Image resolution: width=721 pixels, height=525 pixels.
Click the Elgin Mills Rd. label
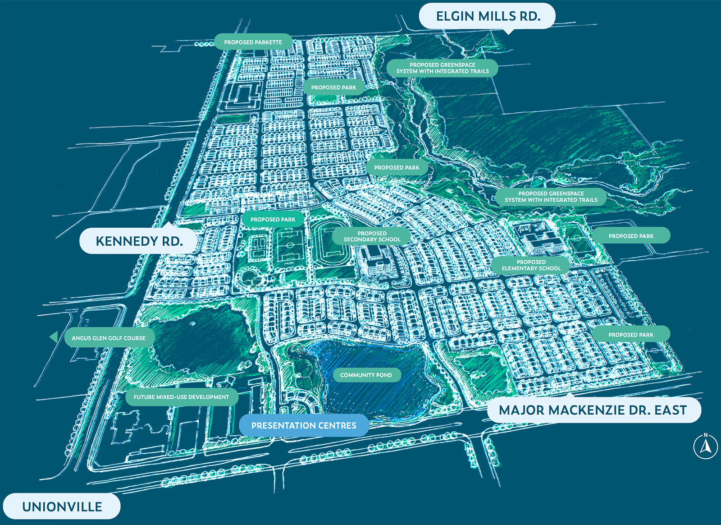pyautogui.click(x=488, y=16)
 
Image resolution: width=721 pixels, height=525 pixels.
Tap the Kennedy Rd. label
pyautogui.click(x=139, y=241)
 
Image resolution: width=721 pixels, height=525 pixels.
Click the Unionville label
pyautogui.click(x=62, y=507)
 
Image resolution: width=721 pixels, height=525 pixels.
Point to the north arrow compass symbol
pyautogui.click(x=705, y=446)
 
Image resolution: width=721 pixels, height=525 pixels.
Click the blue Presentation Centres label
pyautogui.click(x=304, y=425)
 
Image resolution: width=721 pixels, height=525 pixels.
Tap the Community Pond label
pyautogui.click(x=366, y=375)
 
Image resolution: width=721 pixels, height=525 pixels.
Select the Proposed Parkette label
pyautogui.click(x=253, y=42)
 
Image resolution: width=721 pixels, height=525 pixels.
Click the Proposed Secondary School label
pyautogui.click(x=372, y=236)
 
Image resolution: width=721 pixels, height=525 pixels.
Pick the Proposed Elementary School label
pyautogui.click(x=531, y=265)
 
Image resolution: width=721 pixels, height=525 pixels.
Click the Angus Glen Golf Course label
pyautogui.click(x=109, y=338)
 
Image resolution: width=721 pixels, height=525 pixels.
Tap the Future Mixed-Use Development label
pyautogui.click(x=181, y=397)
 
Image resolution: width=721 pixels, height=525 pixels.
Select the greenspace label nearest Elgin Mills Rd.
pyautogui.click(x=442, y=68)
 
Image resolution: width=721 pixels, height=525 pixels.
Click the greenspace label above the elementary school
pyautogui.click(x=551, y=197)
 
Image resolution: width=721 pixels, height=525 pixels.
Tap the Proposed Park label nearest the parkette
pyautogui.click(x=333, y=87)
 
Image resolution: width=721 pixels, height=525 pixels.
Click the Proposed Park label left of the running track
pyautogui.click(x=273, y=219)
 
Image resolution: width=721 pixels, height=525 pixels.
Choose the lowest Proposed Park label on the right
pyautogui.click(x=630, y=335)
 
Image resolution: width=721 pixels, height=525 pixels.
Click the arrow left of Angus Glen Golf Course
pyautogui.click(x=54, y=337)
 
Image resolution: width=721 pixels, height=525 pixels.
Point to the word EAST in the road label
pyautogui.click(x=671, y=410)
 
